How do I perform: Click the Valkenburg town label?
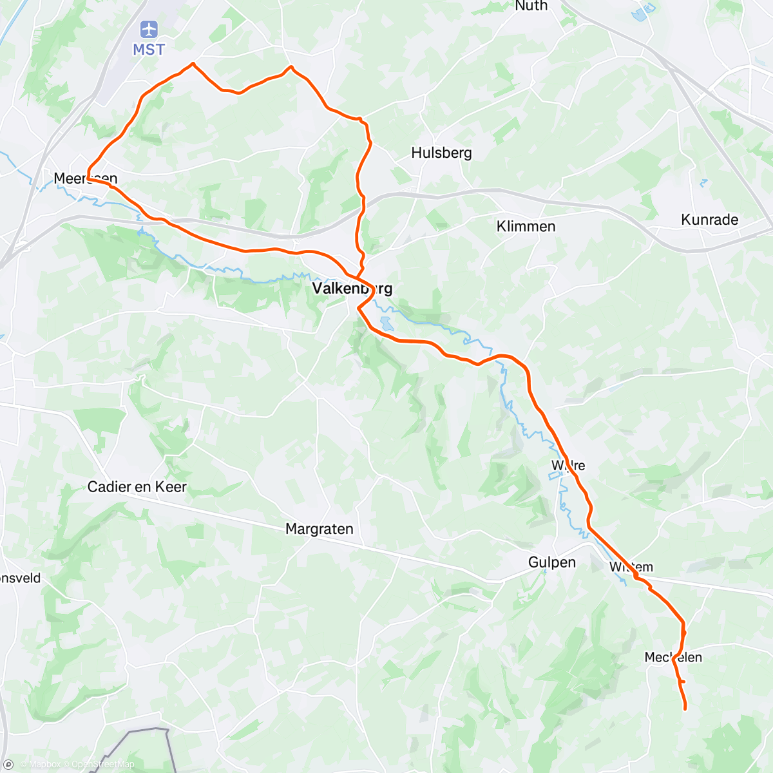coord(352,288)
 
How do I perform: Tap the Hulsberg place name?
coord(441,153)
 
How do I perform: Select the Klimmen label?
coord(526,226)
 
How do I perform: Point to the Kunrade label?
coord(709,220)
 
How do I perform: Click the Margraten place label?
coord(320,529)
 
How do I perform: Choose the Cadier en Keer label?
coord(137,487)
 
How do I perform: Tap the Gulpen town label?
coord(551,562)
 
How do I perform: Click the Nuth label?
coord(531,6)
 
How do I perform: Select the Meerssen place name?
coord(85,178)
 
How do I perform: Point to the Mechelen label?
coord(673,657)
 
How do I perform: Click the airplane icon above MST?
coord(149,30)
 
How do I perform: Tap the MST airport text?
coord(149,50)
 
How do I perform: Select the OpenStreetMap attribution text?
coord(102,765)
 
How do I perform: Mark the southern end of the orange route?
coord(685,709)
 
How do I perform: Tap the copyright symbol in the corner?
coord(8,765)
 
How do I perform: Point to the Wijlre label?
coord(568,465)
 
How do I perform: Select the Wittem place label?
coord(631,567)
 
